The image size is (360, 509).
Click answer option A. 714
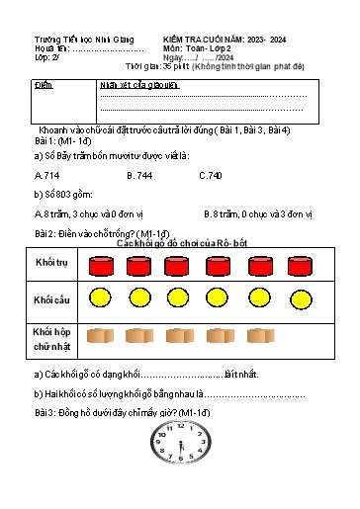(47, 175)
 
